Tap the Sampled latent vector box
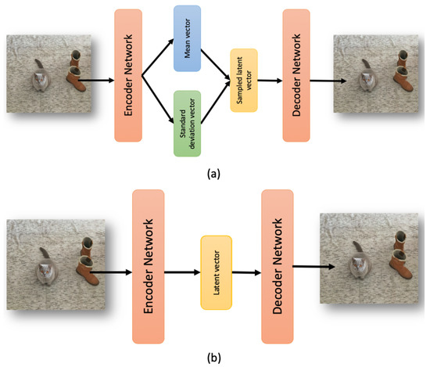[x=244, y=80]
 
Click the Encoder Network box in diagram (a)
[x=127, y=76]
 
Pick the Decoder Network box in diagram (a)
[x=296, y=76]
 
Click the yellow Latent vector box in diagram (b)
[x=216, y=269]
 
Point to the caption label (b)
[x=213, y=359]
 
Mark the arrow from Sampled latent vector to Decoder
[x=269, y=80]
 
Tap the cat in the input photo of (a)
[x=39, y=77]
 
